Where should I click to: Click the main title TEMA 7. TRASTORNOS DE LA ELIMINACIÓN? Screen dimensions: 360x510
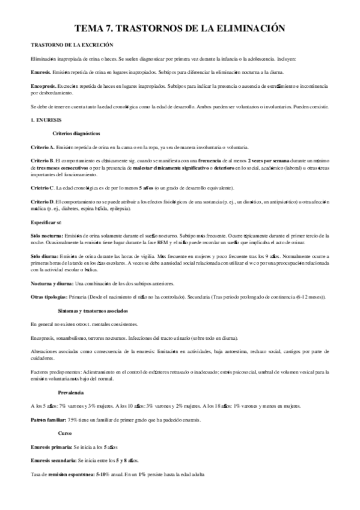click(x=180, y=28)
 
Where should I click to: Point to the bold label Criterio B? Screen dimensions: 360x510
click(x=42, y=162)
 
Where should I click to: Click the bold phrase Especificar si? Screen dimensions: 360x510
click(x=46, y=222)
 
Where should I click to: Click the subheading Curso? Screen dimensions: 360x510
click(x=64, y=434)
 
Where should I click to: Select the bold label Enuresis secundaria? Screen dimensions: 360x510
click(x=53, y=461)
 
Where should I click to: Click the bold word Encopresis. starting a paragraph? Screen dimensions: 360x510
click(x=43, y=87)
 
